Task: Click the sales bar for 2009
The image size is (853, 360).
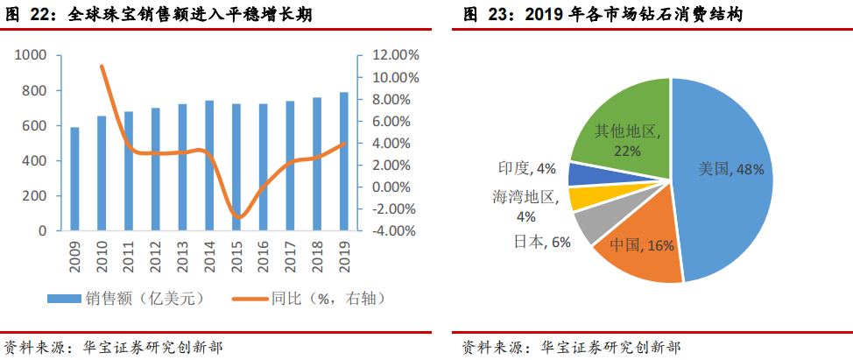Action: click(x=74, y=179)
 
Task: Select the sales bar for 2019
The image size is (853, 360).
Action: click(x=343, y=161)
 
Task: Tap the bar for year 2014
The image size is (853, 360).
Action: click(x=209, y=166)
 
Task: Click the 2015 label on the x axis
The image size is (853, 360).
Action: click(x=236, y=255)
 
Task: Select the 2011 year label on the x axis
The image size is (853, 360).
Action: click(x=129, y=255)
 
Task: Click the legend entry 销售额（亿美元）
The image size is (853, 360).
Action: click(x=126, y=299)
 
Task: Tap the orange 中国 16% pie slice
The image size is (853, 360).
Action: click(x=639, y=254)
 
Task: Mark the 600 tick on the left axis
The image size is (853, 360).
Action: click(x=34, y=126)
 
